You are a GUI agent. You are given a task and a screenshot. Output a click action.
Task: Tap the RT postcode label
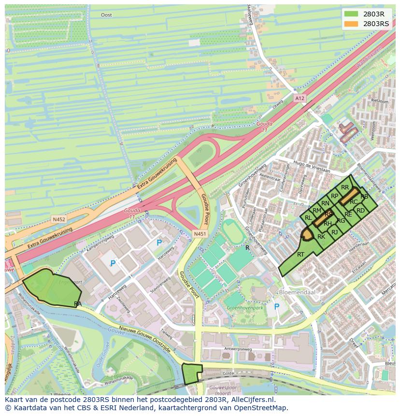300,255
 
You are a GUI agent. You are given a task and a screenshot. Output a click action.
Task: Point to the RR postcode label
344,187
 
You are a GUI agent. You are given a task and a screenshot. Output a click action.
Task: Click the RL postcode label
308,218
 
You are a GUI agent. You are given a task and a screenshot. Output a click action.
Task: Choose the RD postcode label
360,211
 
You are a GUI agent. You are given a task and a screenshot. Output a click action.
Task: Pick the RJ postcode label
335,232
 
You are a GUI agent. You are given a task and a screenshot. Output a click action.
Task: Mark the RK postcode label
321,237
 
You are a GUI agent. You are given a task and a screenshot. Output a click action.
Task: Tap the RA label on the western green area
78,303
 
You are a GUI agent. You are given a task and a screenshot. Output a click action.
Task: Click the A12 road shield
300,98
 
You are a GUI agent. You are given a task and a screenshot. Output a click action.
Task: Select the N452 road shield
59,219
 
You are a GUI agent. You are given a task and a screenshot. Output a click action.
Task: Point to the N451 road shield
200,234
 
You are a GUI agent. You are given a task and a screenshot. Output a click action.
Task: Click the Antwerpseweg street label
238,348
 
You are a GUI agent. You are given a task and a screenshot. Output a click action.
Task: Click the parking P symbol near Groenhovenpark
277,307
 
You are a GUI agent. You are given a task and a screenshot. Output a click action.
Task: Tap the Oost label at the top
106,15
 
